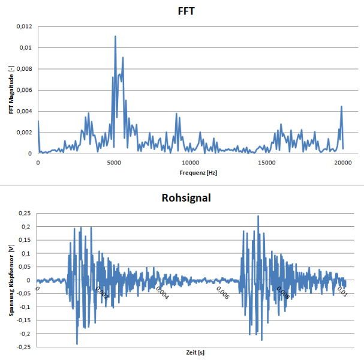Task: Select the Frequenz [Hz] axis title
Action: point(189,173)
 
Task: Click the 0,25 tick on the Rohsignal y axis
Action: point(25,214)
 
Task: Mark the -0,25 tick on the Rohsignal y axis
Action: point(24,346)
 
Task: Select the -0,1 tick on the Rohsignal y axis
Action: point(25,307)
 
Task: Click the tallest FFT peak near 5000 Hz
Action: point(115,36)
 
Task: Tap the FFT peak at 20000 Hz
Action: point(342,107)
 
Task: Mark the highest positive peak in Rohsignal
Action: point(258,216)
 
